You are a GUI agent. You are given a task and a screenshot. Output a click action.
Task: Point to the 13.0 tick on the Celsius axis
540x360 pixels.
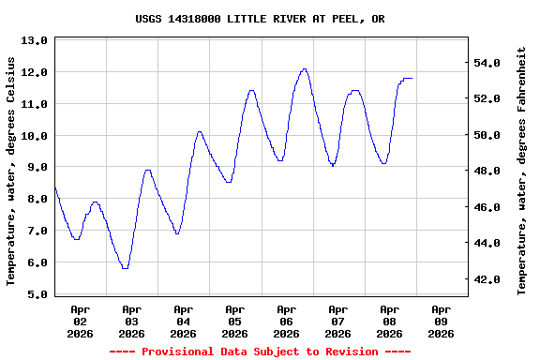pyautogui.click(x=34, y=40)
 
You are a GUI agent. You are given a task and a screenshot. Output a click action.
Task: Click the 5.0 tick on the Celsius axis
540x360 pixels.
pyautogui.click(x=34, y=294)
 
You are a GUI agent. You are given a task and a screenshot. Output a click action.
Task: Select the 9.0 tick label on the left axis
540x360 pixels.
pyautogui.click(x=34, y=167)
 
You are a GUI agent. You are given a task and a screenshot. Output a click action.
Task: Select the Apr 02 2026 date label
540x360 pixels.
pyautogui.click(x=80, y=321)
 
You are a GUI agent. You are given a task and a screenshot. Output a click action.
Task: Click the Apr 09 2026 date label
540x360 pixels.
pyautogui.click(x=441, y=321)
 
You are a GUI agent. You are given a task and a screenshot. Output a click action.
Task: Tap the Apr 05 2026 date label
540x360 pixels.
pyautogui.click(x=234, y=321)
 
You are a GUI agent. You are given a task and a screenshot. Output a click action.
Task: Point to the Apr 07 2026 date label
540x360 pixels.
pyautogui.click(x=337, y=321)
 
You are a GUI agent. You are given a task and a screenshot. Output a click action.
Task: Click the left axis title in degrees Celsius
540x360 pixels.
pyautogui.click(x=11, y=171)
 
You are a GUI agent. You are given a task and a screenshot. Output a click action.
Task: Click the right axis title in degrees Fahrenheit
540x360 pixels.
pyautogui.click(x=522, y=171)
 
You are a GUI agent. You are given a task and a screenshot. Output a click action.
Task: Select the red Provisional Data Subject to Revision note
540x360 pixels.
pyautogui.click(x=260, y=352)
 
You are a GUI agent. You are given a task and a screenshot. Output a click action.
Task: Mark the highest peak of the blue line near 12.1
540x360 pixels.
pyautogui.click(x=304, y=68)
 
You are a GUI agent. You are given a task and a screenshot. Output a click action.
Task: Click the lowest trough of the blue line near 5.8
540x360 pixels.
pyautogui.click(x=125, y=268)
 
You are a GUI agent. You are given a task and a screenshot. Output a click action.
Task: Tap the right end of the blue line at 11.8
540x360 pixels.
pyautogui.click(x=412, y=79)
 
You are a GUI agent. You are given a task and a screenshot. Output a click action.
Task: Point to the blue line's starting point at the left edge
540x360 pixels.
pyautogui.click(x=55, y=188)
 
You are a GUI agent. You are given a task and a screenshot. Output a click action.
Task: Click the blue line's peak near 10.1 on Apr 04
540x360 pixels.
pyautogui.click(x=199, y=132)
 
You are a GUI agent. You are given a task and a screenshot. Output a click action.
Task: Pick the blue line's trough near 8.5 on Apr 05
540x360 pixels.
pyautogui.click(x=229, y=182)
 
